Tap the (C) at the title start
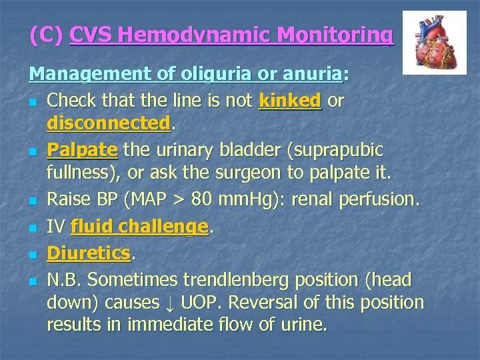click(x=46, y=34)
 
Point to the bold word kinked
click(x=290, y=100)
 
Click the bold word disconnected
click(x=107, y=123)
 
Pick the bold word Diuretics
click(x=89, y=253)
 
